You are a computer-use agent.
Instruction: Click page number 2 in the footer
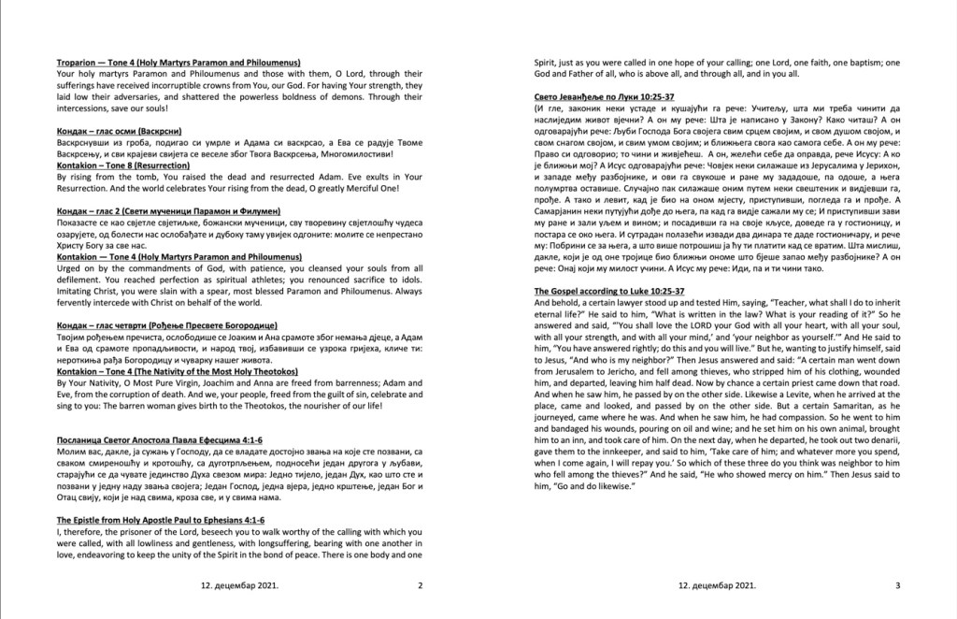(x=421, y=585)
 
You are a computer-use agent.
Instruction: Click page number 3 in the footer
(x=896, y=585)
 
